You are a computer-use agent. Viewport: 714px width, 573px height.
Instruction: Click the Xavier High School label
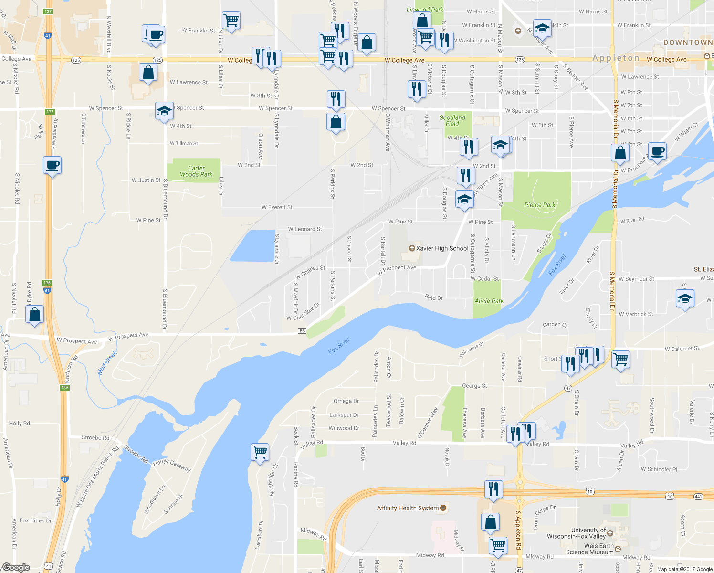click(442, 248)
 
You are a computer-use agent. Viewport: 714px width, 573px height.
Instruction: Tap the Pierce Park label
click(540, 205)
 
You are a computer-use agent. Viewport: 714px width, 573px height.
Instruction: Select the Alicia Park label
click(489, 301)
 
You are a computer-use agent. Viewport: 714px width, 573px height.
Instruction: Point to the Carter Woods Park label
click(196, 171)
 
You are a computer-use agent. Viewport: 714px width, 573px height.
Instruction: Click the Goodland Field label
click(452, 121)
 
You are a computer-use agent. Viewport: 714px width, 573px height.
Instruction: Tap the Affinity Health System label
click(408, 508)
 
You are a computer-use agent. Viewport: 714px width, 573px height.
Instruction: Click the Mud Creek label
click(107, 363)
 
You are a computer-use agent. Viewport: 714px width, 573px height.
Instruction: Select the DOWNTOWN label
click(688, 42)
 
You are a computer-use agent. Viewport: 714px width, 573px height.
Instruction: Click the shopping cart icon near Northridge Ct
click(260, 452)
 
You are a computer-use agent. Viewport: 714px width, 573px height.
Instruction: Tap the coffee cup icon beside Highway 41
click(52, 166)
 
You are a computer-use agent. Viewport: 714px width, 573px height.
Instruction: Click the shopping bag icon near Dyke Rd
click(35, 315)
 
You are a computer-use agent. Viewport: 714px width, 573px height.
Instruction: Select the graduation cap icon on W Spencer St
click(164, 111)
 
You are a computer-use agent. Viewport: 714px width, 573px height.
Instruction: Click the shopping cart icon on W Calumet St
click(620, 359)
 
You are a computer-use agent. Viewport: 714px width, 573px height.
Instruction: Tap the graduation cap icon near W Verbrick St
click(685, 299)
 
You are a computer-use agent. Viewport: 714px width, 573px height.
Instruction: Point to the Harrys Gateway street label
click(172, 465)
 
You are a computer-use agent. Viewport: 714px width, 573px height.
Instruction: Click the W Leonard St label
click(305, 229)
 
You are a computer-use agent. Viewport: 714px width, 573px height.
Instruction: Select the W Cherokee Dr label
click(303, 312)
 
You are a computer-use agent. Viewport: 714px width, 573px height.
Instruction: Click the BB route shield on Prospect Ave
click(302, 331)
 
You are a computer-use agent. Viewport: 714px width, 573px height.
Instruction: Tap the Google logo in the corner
click(16, 567)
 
